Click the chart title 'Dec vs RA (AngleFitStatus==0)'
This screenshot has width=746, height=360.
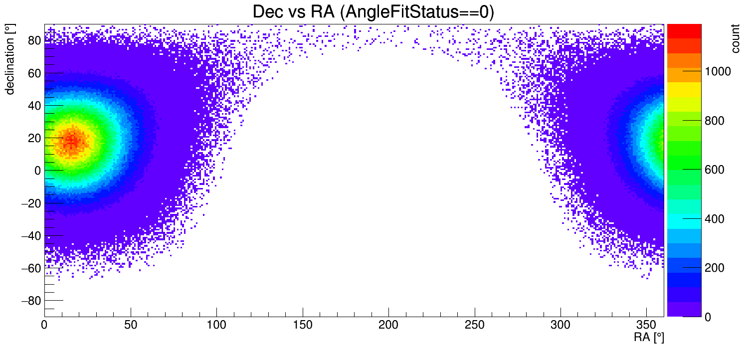(x=373, y=12)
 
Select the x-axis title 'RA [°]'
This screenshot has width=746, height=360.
(x=649, y=338)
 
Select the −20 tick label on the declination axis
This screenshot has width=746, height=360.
(x=29, y=203)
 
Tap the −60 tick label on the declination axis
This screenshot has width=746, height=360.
(x=29, y=268)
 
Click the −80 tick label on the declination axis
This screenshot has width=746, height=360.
(x=29, y=301)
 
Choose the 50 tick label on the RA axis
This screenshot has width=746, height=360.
(x=131, y=326)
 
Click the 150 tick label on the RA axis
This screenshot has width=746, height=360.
(x=303, y=326)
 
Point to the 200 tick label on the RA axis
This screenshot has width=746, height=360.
(x=388, y=326)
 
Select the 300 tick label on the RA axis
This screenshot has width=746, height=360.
(x=560, y=326)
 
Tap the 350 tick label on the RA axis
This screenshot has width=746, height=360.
(x=646, y=326)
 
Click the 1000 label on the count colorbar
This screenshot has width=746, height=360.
(x=717, y=72)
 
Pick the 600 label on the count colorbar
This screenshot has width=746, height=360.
(x=714, y=170)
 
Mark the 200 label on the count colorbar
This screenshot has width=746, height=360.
(x=714, y=268)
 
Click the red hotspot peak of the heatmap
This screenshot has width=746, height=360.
(x=73, y=141)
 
